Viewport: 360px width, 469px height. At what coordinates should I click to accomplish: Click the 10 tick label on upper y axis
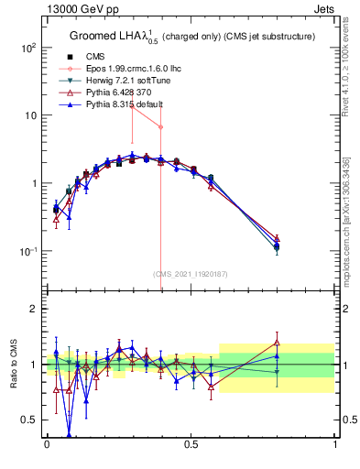[x=29, y=115]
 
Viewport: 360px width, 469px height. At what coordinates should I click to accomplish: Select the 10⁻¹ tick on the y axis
[x=27, y=251]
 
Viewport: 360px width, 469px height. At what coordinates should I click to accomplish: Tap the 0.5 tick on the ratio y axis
[x=29, y=420]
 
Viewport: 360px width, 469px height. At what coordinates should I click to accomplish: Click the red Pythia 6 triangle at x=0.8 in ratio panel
[x=277, y=343]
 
